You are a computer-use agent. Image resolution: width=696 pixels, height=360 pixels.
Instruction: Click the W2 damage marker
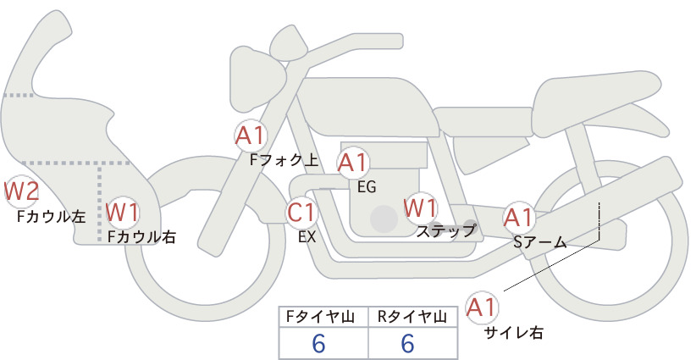(x=20, y=192)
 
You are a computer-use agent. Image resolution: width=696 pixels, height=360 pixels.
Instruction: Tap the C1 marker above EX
(x=302, y=213)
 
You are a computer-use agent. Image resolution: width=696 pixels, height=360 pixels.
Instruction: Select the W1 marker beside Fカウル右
(x=123, y=213)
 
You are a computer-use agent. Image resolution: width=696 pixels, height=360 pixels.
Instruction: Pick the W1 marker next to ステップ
(x=420, y=208)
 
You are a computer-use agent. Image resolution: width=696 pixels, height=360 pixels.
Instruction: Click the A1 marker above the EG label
(x=353, y=163)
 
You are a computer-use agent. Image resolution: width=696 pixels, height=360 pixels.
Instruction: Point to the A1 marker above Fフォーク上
(x=251, y=136)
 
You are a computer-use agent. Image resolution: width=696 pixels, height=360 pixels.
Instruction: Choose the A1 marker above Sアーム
(x=519, y=218)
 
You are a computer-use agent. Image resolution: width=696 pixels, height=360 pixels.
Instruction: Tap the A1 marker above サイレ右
(x=482, y=307)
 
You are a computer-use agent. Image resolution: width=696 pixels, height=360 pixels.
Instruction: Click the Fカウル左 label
(x=51, y=216)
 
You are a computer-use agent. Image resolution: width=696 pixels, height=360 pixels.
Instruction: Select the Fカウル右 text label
(x=142, y=237)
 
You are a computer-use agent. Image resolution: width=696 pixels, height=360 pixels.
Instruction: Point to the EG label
(x=367, y=187)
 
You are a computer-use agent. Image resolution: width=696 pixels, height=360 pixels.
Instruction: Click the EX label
(x=307, y=237)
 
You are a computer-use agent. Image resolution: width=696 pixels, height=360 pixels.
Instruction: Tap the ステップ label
(x=445, y=231)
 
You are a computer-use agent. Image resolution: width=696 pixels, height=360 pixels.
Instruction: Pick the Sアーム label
(x=539, y=242)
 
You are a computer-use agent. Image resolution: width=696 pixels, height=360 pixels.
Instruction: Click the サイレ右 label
(x=514, y=333)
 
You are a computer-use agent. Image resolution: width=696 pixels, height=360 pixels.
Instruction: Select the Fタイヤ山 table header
(x=320, y=317)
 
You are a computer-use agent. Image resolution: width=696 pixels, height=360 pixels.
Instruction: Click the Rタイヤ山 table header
(x=412, y=317)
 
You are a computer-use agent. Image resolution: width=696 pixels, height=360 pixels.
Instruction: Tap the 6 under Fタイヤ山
(x=318, y=343)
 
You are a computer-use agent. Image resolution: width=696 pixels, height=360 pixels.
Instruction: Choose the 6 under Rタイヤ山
(x=407, y=343)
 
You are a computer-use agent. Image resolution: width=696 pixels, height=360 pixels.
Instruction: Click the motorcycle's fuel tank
(x=368, y=107)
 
